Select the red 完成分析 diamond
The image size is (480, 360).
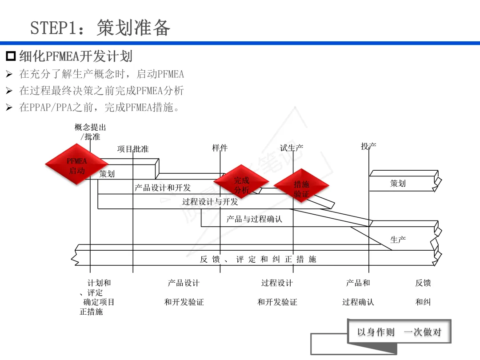(x=241, y=181)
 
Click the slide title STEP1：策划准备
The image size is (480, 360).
(x=100, y=28)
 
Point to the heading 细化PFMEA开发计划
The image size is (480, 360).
(x=76, y=56)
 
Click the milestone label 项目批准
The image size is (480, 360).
(x=133, y=149)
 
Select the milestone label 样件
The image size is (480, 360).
(x=220, y=148)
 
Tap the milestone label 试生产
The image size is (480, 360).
(x=292, y=148)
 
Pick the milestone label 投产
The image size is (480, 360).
(x=368, y=146)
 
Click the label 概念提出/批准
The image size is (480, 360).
(x=90, y=132)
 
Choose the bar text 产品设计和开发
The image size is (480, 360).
(x=163, y=188)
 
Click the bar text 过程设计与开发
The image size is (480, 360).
(x=210, y=202)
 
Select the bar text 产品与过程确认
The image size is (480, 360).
(x=254, y=219)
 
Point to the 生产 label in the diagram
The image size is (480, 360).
(x=398, y=240)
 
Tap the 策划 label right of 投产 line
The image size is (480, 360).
(x=398, y=183)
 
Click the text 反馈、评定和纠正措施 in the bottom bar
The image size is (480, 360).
(x=258, y=259)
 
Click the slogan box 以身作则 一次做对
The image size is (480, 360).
(x=399, y=332)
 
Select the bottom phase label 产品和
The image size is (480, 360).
(x=358, y=283)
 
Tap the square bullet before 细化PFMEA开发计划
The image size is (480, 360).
(x=11, y=56)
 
